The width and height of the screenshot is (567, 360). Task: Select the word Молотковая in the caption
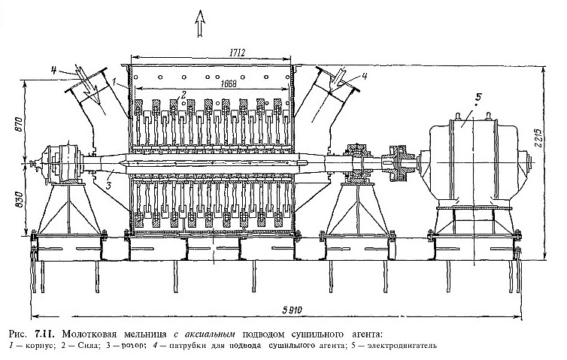[x=83, y=332]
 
